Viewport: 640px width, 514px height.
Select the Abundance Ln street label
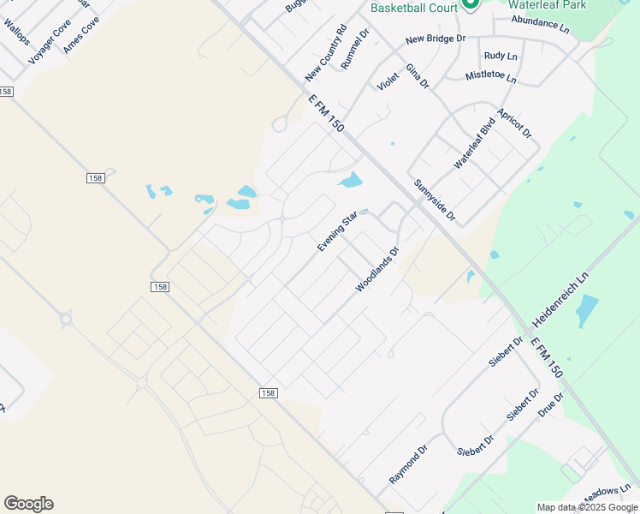point(540,25)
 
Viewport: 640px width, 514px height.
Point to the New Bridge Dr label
point(436,39)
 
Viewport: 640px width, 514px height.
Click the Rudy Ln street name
point(501,56)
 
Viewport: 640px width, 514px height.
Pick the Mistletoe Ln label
point(491,76)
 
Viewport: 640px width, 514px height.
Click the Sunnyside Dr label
point(435,200)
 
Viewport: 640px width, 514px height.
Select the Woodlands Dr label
point(377,270)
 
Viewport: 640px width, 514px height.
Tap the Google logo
point(28,504)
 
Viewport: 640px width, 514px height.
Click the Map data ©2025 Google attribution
point(586,507)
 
